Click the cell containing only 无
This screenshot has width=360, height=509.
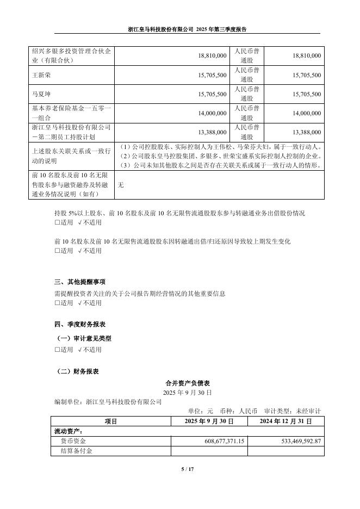(x=121, y=185)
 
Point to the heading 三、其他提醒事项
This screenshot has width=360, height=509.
(x=80, y=282)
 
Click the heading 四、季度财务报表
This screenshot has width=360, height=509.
(x=80, y=324)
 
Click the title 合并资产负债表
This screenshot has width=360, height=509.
(x=187, y=383)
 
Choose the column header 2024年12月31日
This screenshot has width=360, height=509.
(x=285, y=421)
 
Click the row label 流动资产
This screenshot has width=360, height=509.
(x=67, y=431)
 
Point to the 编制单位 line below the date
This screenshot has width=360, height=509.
(x=108, y=401)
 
